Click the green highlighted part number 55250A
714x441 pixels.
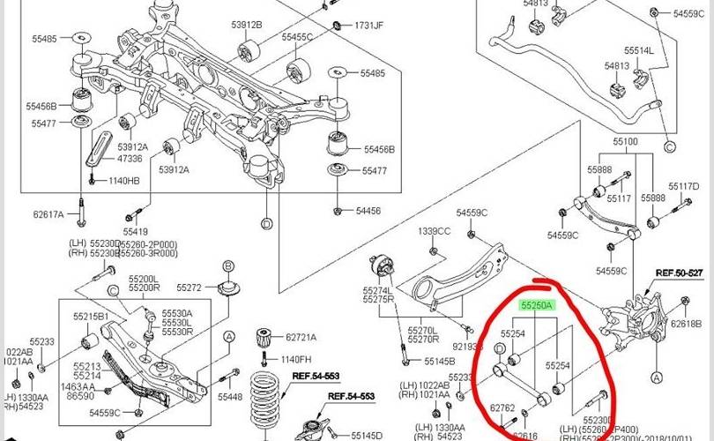tap(536, 306)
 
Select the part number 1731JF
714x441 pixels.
tap(368, 26)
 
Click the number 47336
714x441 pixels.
tap(129, 159)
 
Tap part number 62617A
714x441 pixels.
tap(49, 213)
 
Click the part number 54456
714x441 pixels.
tap(368, 211)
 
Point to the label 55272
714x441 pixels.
tap(190, 288)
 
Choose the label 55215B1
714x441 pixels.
tap(91, 316)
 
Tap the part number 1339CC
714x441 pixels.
tap(435, 231)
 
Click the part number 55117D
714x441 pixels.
tap(683, 186)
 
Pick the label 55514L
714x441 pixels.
tap(641, 51)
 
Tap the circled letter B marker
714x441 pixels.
tap(227, 266)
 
